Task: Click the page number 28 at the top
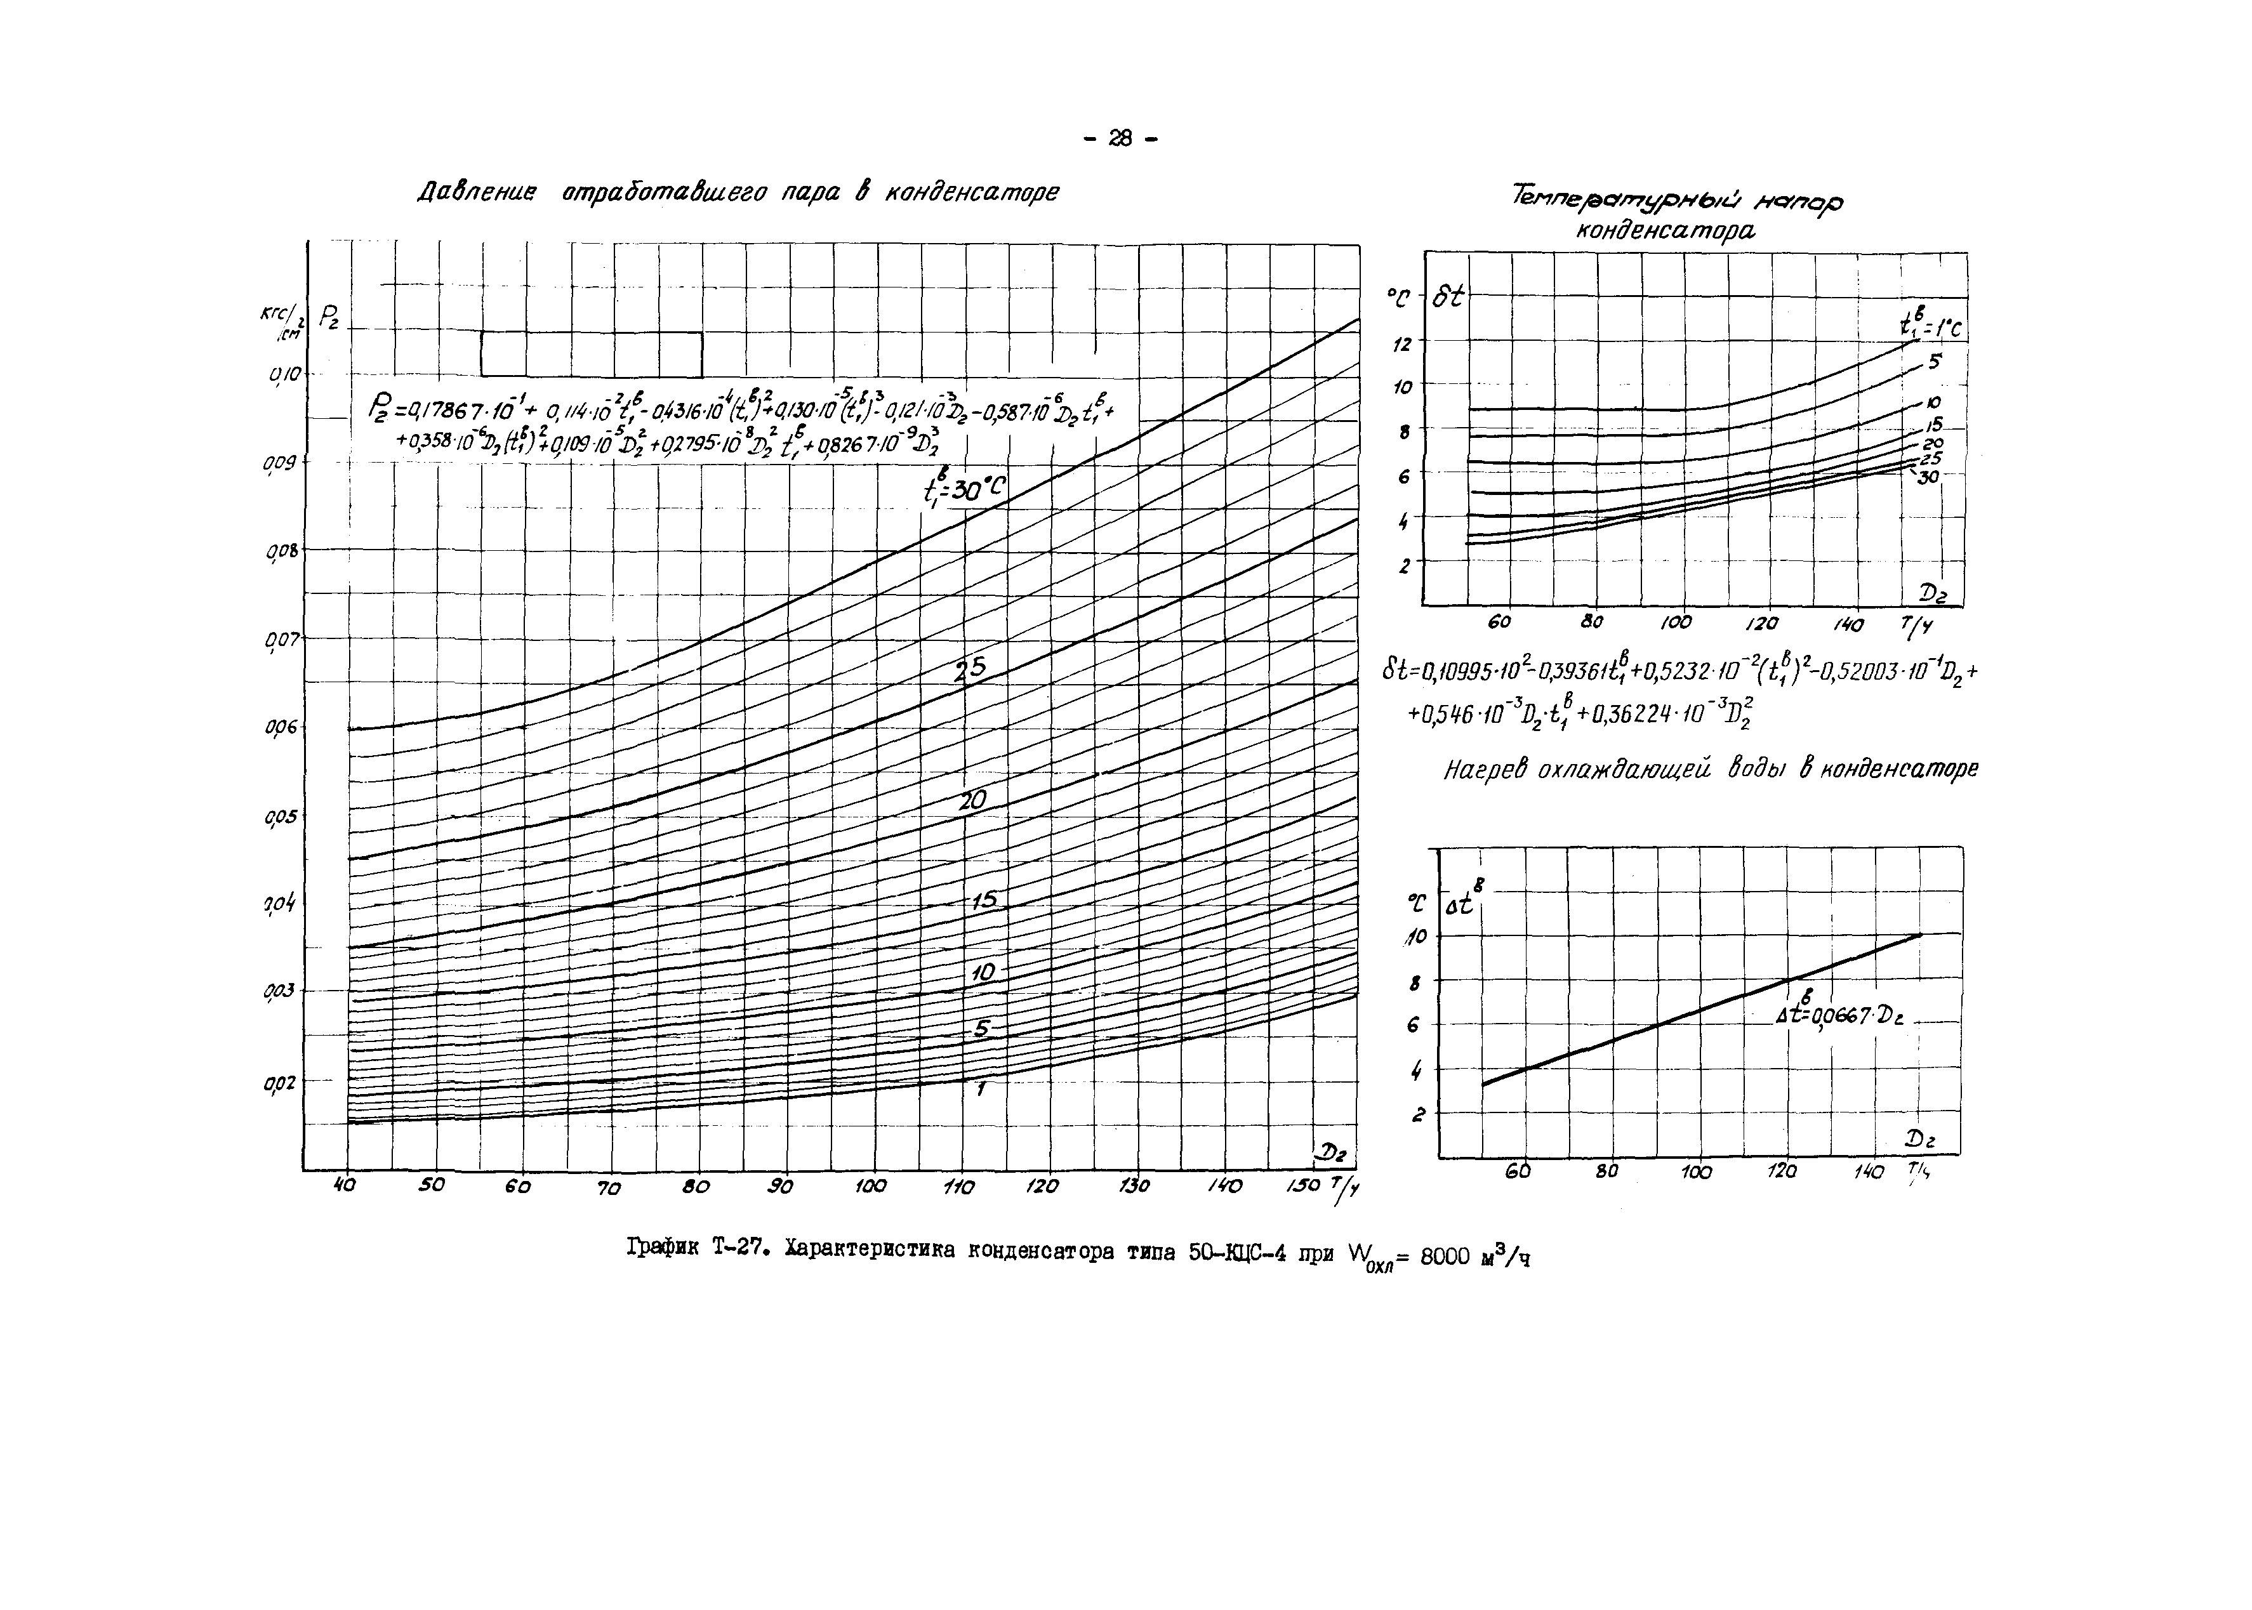click(1120, 140)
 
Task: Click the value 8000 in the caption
click(1447, 1257)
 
